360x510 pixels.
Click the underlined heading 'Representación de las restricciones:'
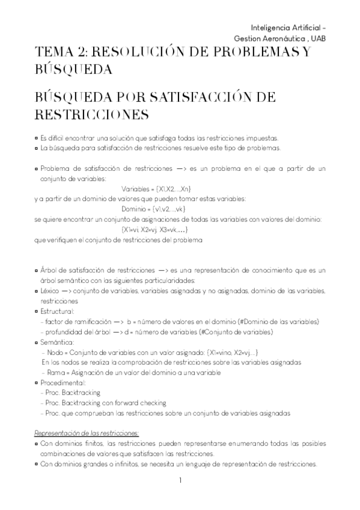[87, 432]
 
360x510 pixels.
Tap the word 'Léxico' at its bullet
[49, 291]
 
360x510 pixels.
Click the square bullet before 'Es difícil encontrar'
[37, 137]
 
